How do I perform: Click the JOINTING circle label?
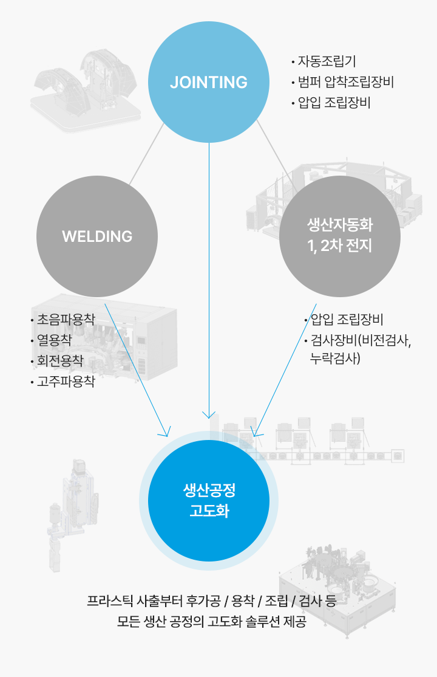click(209, 82)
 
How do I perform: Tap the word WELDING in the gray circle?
click(97, 236)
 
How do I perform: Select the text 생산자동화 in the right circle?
click(340, 226)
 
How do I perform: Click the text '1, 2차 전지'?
click(340, 247)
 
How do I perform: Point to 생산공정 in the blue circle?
click(209, 489)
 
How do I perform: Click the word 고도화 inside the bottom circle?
click(209, 510)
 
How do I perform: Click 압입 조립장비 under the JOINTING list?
click(334, 103)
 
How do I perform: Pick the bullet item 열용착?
click(54, 341)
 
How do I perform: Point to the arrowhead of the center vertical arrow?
click(209, 416)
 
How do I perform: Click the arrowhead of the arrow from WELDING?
click(165, 434)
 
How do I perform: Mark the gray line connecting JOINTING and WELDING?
click(146, 155)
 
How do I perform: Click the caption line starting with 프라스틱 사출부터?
click(212, 602)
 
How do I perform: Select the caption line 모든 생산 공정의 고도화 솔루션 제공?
click(212, 623)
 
